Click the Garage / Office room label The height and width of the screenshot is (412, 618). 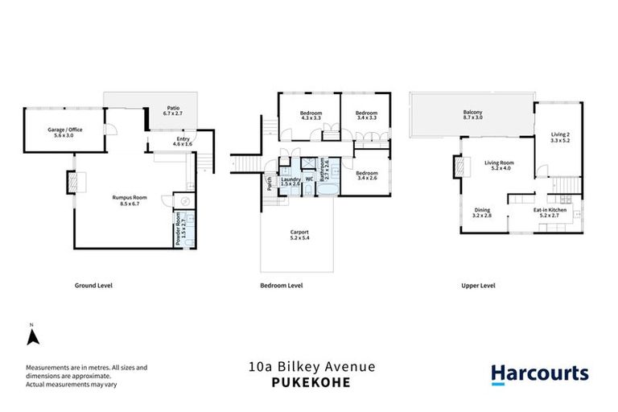pyautogui.click(x=65, y=133)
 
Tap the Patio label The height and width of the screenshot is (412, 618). pyautogui.click(x=173, y=111)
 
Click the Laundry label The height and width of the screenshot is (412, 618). pyautogui.click(x=290, y=181)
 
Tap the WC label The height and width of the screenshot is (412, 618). pyautogui.click(x=309, y=179)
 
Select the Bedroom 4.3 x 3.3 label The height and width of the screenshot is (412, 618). pyautogui.click(x=311, y=115)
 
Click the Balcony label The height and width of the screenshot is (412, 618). pyautogui.click(x=472, y=115)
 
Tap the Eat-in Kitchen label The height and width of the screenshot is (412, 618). pyautogui.click(x=550, y=213)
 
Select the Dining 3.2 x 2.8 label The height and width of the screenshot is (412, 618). pyautogui.click(x=482, y=212)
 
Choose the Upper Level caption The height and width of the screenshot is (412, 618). pyautogui.click(x=477, y=286)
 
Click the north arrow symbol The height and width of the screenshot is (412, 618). pyautogui.click(x=31, y=334)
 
